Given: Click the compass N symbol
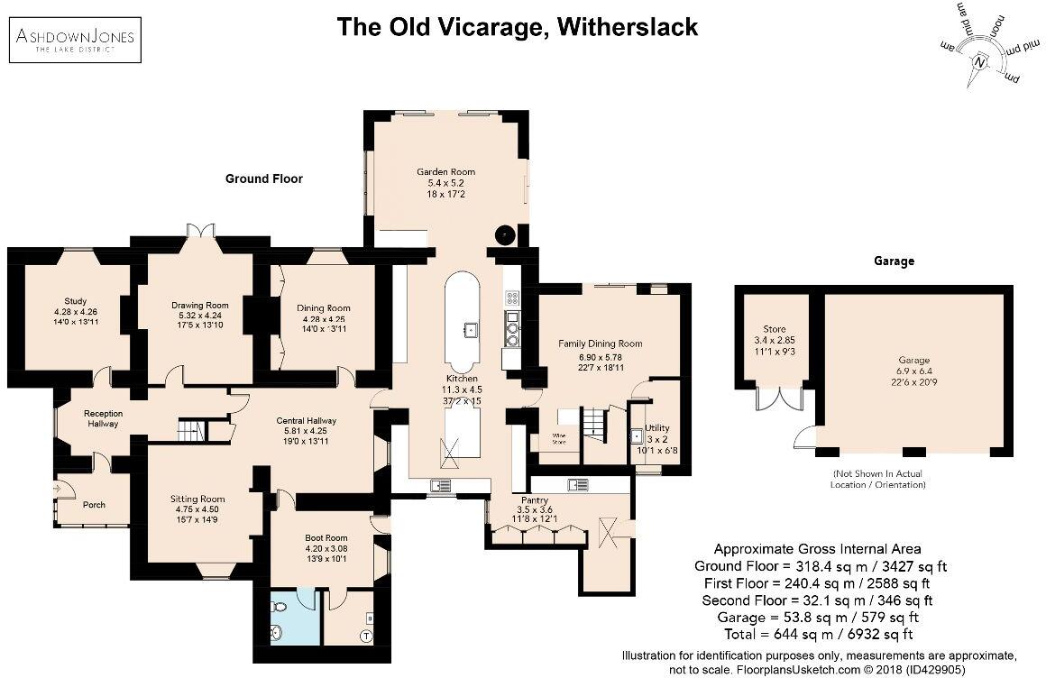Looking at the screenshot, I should [x=980, y=62].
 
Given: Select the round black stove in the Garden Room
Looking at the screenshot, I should [x=505, y=234].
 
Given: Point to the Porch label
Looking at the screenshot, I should [x=94, y=504].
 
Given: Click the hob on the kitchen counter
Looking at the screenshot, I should [x=512, y=297].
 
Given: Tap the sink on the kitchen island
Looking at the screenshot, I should [x=471, y=329].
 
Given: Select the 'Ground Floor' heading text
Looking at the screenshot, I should [x=263, y=179].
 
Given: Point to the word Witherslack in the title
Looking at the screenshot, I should [x=628, y=26].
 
